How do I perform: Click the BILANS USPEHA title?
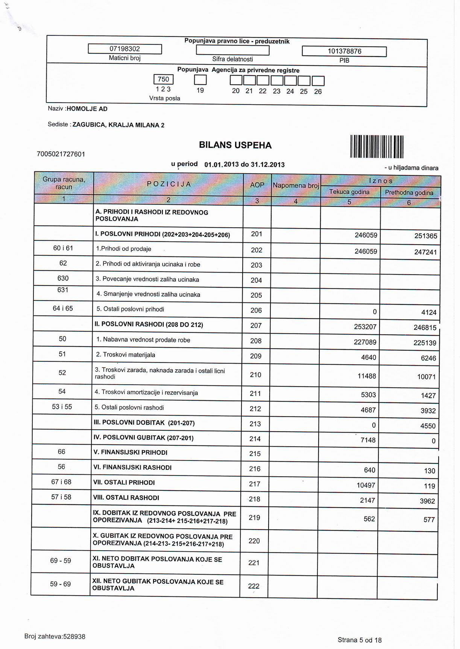pos(235,145)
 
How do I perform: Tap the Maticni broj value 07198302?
pos(124,49)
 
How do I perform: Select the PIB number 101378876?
pos(344,51)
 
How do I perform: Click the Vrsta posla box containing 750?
pos(164,79)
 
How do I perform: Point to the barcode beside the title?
pos(377,146)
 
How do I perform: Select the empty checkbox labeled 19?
pos(200,80)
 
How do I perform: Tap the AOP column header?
pos(257,185)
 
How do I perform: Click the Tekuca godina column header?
pos(349,192)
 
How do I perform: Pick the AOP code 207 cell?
pos(256,326)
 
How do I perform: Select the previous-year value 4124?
pos(429,312)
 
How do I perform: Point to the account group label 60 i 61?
pos(63,248)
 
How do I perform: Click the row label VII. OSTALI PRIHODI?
pos(124,483)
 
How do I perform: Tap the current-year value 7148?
pos(368,440)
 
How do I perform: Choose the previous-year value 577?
pos(429,520)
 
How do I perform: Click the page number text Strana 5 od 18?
pos(360,640)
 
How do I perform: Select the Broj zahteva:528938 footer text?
pos(55,637)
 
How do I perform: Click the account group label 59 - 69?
pos(61,584)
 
